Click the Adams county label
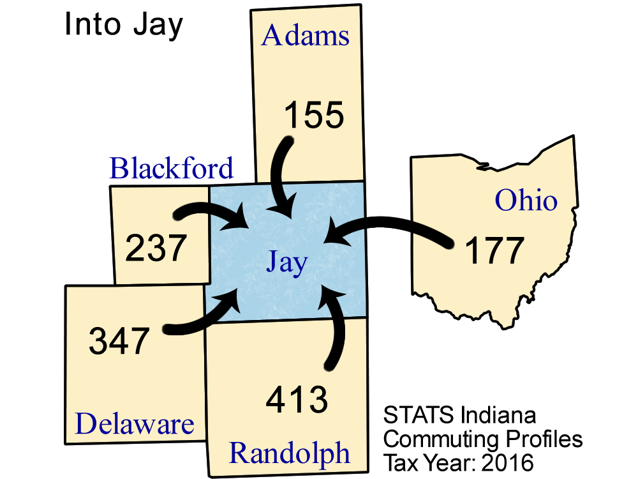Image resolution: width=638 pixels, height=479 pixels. click(306, 36)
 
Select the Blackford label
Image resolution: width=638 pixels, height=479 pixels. click(172, 169)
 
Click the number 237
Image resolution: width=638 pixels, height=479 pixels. click(156, 248)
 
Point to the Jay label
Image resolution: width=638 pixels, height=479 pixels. click(287, 262)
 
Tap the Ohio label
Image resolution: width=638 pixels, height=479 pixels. click(526, 201)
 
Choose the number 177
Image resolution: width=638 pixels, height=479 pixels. click(494, 251)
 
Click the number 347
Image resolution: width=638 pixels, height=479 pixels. click(119, 340)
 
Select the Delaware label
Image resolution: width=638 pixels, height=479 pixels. click(135, 424)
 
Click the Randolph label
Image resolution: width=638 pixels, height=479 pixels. click(290, 453)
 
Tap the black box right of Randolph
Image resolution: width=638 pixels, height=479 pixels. click(498, 434)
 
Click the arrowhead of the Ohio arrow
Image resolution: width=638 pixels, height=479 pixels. click(334, 232)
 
